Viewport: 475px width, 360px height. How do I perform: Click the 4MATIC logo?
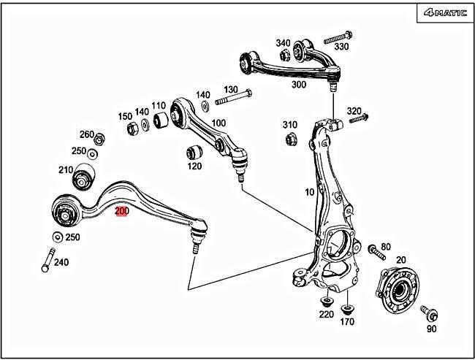444,12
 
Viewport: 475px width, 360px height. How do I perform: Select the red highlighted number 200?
122,212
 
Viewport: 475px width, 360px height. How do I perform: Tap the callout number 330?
341,46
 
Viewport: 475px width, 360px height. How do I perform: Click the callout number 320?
354,111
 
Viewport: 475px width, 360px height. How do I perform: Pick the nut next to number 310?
289,138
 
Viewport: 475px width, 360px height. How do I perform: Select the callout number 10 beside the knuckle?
309,192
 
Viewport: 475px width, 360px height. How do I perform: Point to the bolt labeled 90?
430,315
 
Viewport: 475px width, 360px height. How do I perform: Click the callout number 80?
386,248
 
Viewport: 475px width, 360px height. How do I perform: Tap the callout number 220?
326,315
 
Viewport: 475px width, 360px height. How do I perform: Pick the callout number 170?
347,321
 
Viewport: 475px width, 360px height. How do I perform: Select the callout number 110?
159,106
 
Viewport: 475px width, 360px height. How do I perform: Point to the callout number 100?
218,123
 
